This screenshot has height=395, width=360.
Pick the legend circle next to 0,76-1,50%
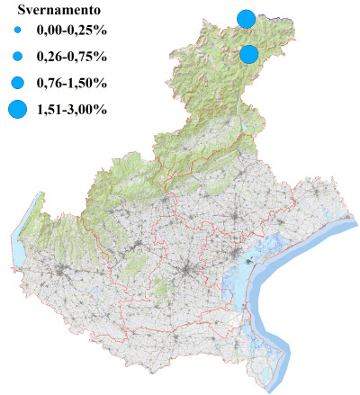[x=16, y=83]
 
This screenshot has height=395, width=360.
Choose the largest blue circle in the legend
[x=16, y=110]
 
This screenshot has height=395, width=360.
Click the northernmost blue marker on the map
[x=246, y=18]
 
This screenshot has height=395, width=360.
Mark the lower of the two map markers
[x=250, y=54]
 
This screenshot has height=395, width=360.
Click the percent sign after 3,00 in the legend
[x=103, y=110]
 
